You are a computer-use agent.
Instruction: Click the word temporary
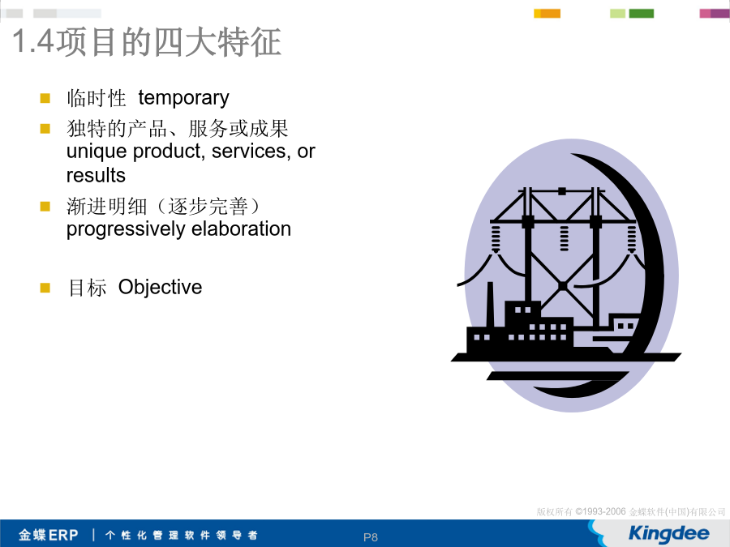pyautogui.click(x=183, y=98)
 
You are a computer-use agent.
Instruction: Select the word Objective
pyautogui.click(x=160, y=287)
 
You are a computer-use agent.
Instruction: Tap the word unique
pyautogui.click(x=97, y=152)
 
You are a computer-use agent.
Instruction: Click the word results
pyautogui.click(x=96, y=176)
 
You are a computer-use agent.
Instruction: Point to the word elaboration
pyautogui.click(x=241, y=229)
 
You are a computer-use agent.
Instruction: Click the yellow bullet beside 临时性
pyautogui.click(x=45, y=98)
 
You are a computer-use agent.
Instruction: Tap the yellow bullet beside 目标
pyautogui.click(x=45, y=288)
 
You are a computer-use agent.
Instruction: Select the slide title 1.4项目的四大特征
pyautogui.click(x=147, y=42)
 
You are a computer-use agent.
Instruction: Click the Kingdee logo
pyautogui.click(x=668, y=533)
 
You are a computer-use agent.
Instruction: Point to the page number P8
pyautogui.click(x=371, y=537)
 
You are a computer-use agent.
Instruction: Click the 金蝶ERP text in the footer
pyautogui.click(x=49, y=535)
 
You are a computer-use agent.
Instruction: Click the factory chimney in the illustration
pyautogui.click(x=490, y=306)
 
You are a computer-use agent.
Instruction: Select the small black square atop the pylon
pyautogui.click(x=562, y=191)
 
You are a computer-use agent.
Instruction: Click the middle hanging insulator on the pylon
pyautogui.click(x=564, y=238)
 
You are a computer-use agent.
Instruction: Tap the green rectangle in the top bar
pyautogui.click(x=641, y=14)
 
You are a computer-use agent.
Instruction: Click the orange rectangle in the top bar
pyautogui.click(x=550, y=14)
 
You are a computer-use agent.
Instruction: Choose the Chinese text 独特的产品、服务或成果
pyautogui.click(x=178, y=128)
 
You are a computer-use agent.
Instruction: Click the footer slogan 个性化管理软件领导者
pyautogui.click(x=182, y=535)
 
